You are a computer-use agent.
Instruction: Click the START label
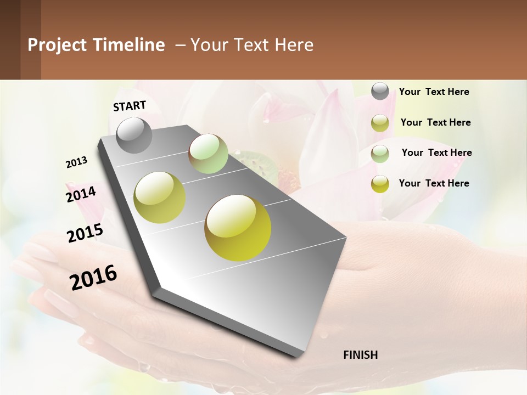pos(130,106)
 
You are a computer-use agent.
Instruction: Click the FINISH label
pos(361,355)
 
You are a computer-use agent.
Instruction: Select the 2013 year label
pos(77,162)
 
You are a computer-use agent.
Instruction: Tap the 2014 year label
pos(81,194)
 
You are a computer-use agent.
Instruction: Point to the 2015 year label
pos(85,233)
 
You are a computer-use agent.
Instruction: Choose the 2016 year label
pos(93,277)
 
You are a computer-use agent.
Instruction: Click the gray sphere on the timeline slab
pos(134,135)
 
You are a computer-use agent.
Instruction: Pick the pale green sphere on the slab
pos(208,154)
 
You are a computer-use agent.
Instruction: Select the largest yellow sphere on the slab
pos(238,228)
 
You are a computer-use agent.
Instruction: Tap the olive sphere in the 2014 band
pos(160,198)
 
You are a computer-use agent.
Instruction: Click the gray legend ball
pos(380,91)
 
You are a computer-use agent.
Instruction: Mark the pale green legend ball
pos(380,154)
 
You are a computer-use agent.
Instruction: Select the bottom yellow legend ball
pos(380,184)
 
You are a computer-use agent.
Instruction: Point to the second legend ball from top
pos(380,123)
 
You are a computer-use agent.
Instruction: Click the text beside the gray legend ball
pos(434,92)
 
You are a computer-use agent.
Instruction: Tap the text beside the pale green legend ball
pos(436,153)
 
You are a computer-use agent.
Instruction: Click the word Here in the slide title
pos(294,45)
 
